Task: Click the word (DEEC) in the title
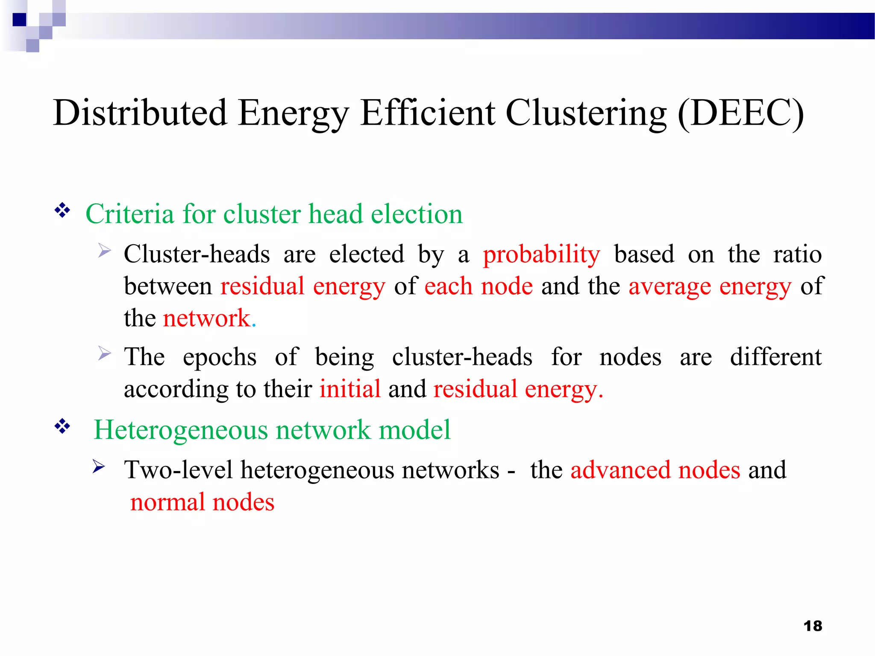[x=741, y=113]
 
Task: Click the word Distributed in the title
[x=140, y=113]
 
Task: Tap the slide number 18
[x=813, y=626]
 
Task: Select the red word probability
[x=541, y=255]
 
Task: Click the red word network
[x=207, y=318]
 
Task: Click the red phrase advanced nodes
[x=655, y=470]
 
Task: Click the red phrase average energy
[x=710, y=286]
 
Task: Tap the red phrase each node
[x=479, y=286]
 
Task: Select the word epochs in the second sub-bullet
[x=220, y=357]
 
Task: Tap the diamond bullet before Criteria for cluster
[x=62, y=210]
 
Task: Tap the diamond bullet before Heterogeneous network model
[x=62, y=426]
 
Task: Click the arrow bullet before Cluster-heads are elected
[x=104, y=251]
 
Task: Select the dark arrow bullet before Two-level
[x=99, y=467]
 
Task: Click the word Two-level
[x=179, y=470]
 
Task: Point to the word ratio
[x=797, y=255]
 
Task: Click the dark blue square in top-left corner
[x=19, y=20]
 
